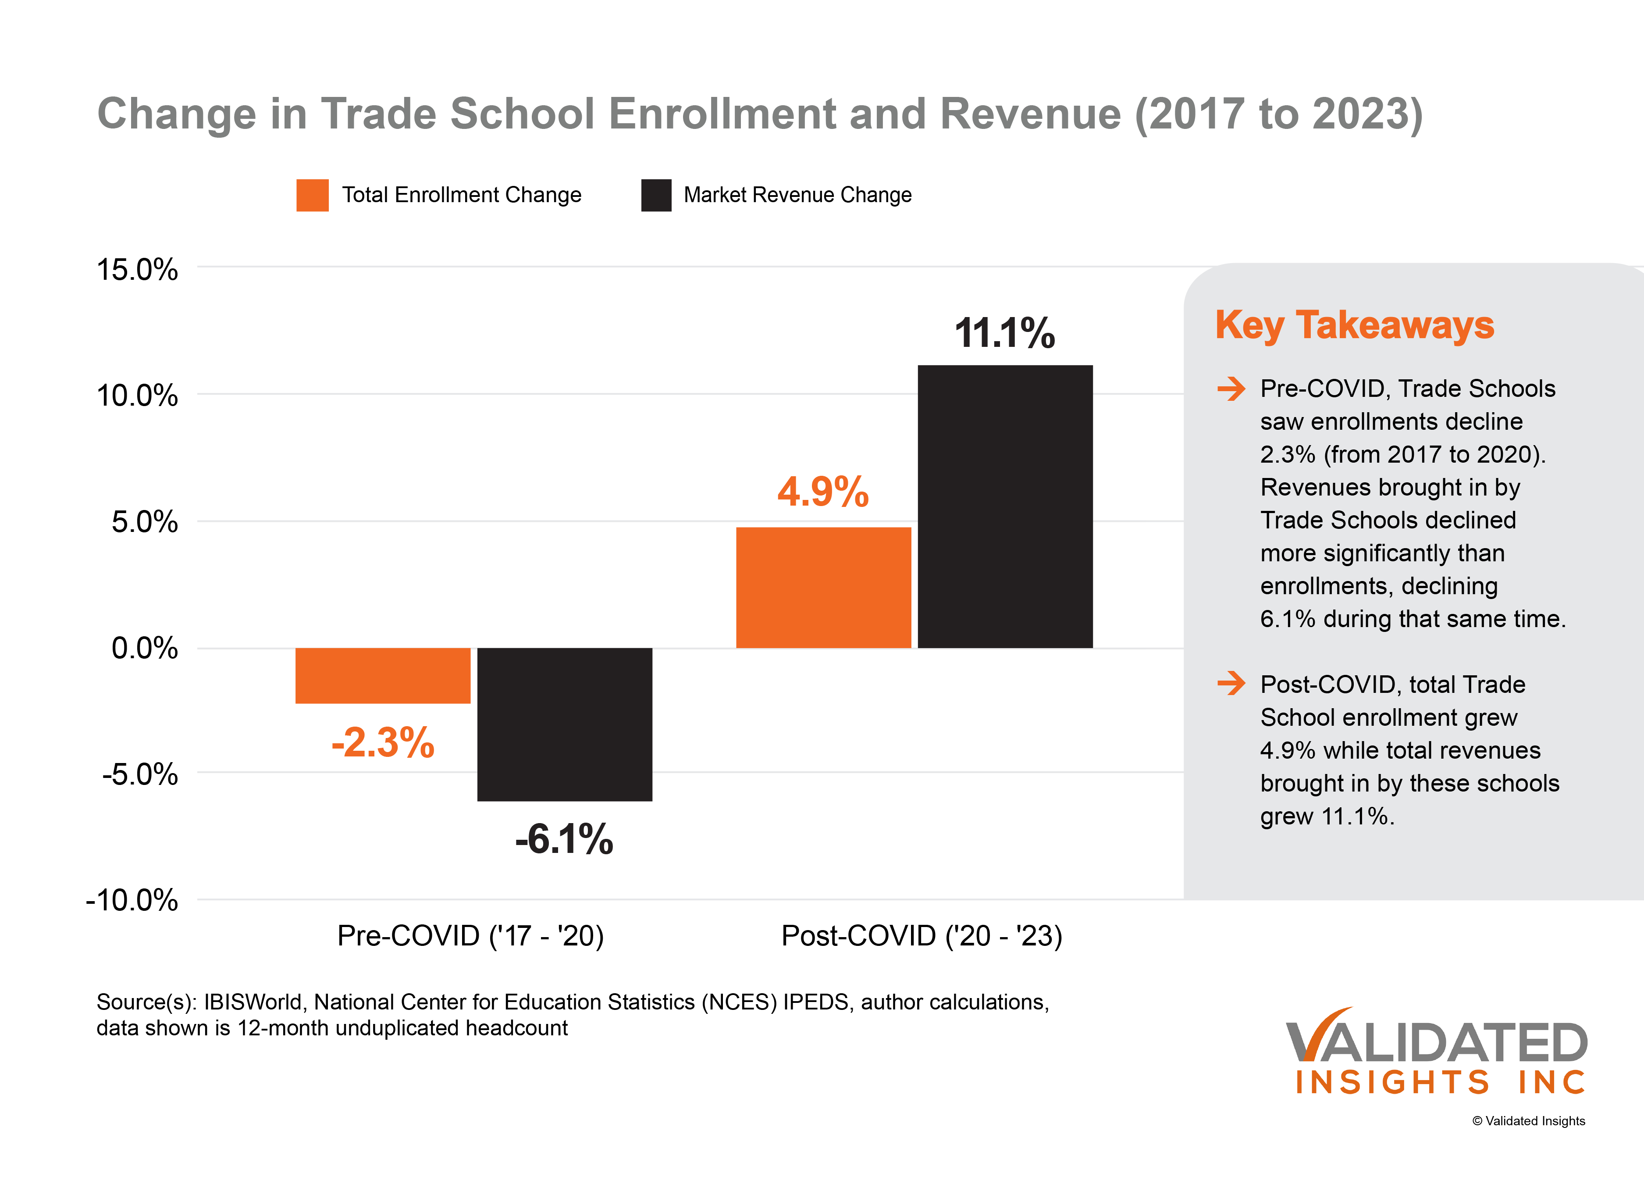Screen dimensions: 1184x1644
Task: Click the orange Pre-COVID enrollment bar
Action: (x=383, y=675)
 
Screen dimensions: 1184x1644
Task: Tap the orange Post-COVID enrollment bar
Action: (x=823, y=587)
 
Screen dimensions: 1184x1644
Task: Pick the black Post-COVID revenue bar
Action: (x=1005, y=506)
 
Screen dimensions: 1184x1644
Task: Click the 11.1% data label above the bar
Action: (x=1005, y=334)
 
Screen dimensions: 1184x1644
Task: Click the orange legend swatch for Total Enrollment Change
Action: (x=313, y=195)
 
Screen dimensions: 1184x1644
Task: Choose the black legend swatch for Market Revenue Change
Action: (x=656, y=195)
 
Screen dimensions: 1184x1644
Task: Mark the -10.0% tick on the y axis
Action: (x=132, y=901)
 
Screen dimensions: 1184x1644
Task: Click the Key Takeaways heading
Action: (x=1354, y=325)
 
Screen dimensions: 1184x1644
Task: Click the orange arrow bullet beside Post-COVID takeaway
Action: (x=1231, y=683)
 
